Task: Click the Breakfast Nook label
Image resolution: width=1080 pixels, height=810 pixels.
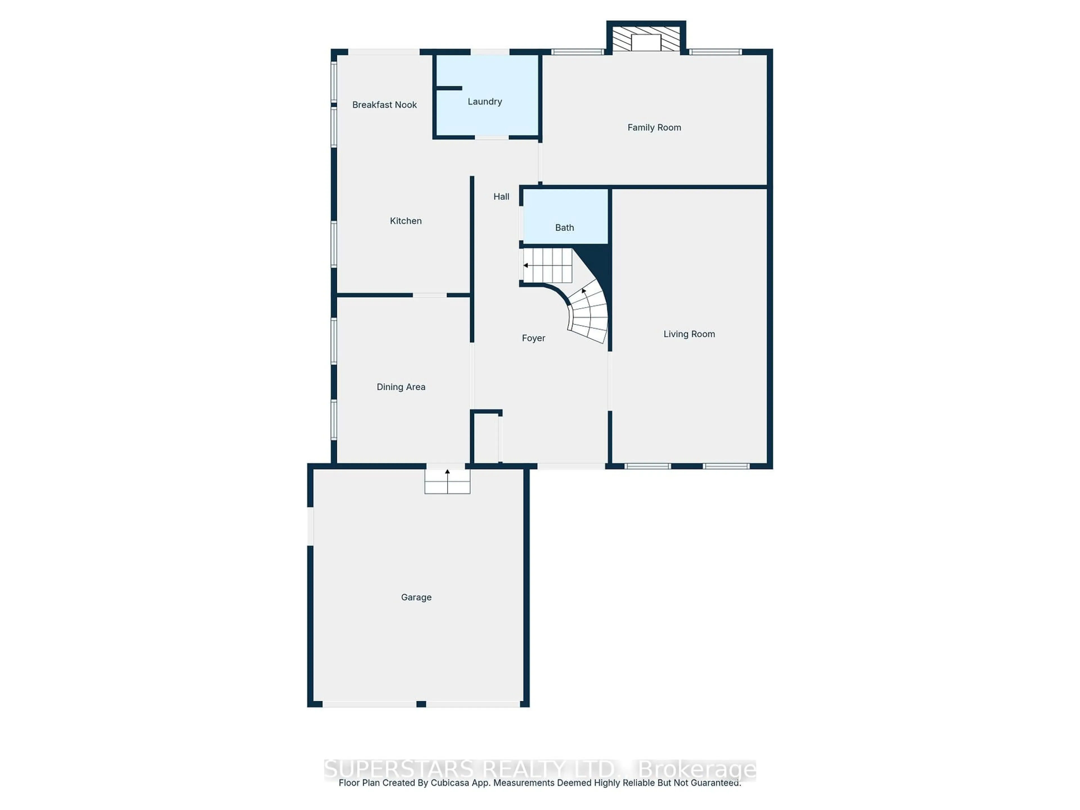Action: pos(384,105)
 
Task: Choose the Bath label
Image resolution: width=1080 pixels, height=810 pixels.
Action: pos(564,228)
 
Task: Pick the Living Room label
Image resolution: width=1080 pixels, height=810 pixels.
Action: pos(689,334)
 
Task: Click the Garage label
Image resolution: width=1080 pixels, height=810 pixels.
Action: pos(416,597)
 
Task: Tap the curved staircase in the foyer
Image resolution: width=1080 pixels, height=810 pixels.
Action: pos(589,312)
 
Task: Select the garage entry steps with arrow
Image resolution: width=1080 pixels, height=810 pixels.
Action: pos(447,481)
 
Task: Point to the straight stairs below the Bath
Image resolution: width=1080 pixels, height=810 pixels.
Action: pos(547,265)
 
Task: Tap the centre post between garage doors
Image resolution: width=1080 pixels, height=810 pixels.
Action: pos(421,704)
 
